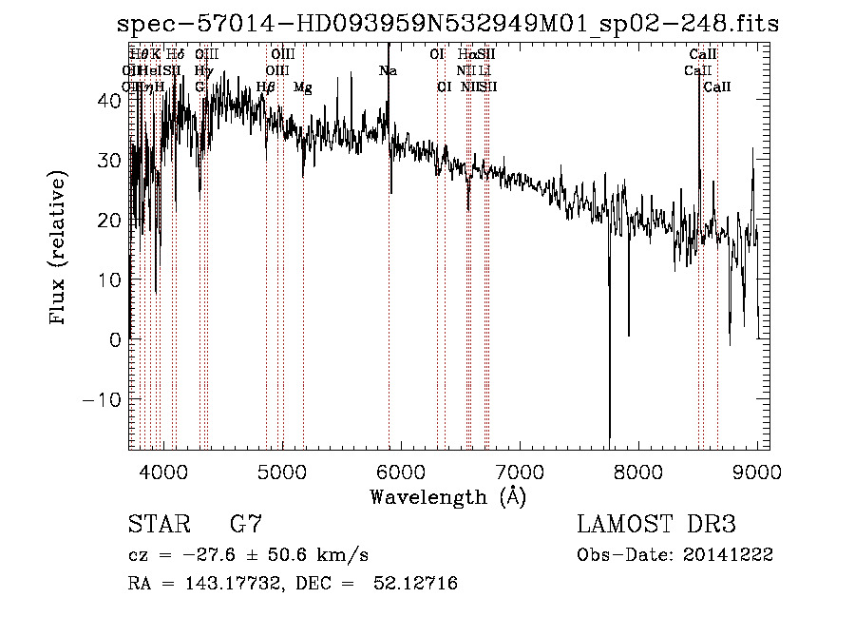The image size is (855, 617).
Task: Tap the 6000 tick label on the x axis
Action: [x=401, y=471]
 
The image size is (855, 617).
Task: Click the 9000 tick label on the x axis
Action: [x=757, y=471]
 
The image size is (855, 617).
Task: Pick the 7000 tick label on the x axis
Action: [x=520, y=471]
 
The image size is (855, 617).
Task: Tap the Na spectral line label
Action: [x=388, y=70]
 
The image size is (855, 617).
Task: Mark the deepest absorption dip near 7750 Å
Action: [x=610, y=433]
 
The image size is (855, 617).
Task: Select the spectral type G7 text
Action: [x=246, y=524]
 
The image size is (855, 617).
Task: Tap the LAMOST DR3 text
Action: [x=656, y=524]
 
